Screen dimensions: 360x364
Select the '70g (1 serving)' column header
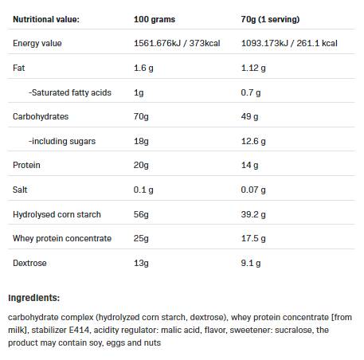tap(275, 18)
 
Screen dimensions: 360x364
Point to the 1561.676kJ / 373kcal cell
tap(179, 43)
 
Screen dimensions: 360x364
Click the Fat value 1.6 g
tap(143, 68)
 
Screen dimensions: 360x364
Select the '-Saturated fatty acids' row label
tap(70, 92)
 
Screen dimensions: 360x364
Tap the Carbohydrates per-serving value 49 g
tap(250, 116)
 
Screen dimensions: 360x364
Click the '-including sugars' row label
tap(62, 141)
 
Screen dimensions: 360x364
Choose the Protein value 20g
tap(141, 165)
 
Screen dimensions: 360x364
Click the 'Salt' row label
tap(22, 190)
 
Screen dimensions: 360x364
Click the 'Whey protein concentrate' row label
tap(62, 238)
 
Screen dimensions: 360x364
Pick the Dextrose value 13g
tap(141, 263)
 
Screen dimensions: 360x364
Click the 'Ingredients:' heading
tap(33, 298)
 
